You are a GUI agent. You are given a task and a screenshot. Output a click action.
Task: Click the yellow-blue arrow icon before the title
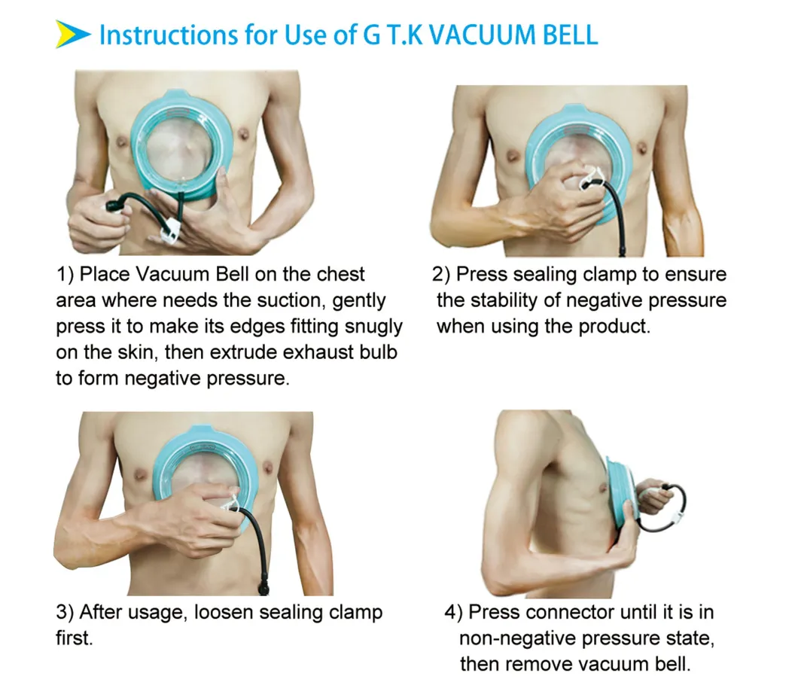tap(73, 35)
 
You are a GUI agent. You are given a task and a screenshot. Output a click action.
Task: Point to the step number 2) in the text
tap(441, 274)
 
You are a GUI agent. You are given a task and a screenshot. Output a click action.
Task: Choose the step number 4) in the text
tap(455, 612)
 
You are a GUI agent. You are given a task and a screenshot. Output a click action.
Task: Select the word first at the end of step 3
tap(73, 638)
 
